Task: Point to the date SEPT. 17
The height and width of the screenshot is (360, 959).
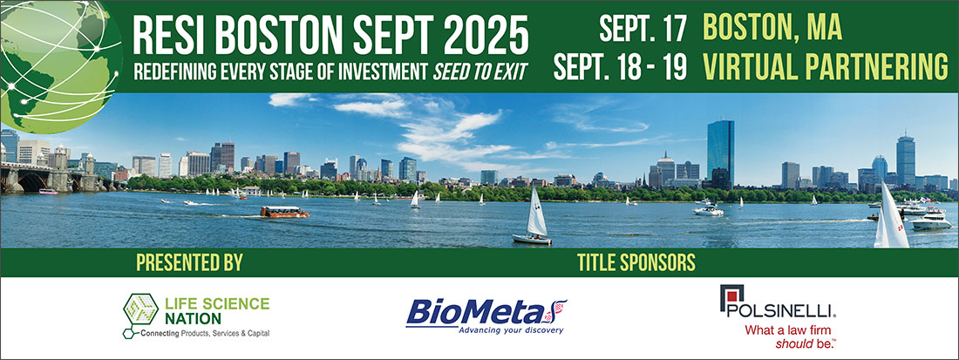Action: coord(643,28)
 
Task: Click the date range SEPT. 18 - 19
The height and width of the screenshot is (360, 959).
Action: coord(620,67)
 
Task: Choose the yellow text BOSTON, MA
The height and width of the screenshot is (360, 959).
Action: coord(772,28)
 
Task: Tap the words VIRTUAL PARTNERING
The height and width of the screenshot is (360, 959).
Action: coord(826,67)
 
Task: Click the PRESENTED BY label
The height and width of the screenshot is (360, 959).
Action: coord(189,263)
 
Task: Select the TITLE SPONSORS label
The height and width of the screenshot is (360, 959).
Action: coord(636,263)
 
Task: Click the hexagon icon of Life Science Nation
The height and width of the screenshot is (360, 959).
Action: coord(140,309)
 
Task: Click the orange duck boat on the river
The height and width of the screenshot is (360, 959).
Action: coord(284,212)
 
